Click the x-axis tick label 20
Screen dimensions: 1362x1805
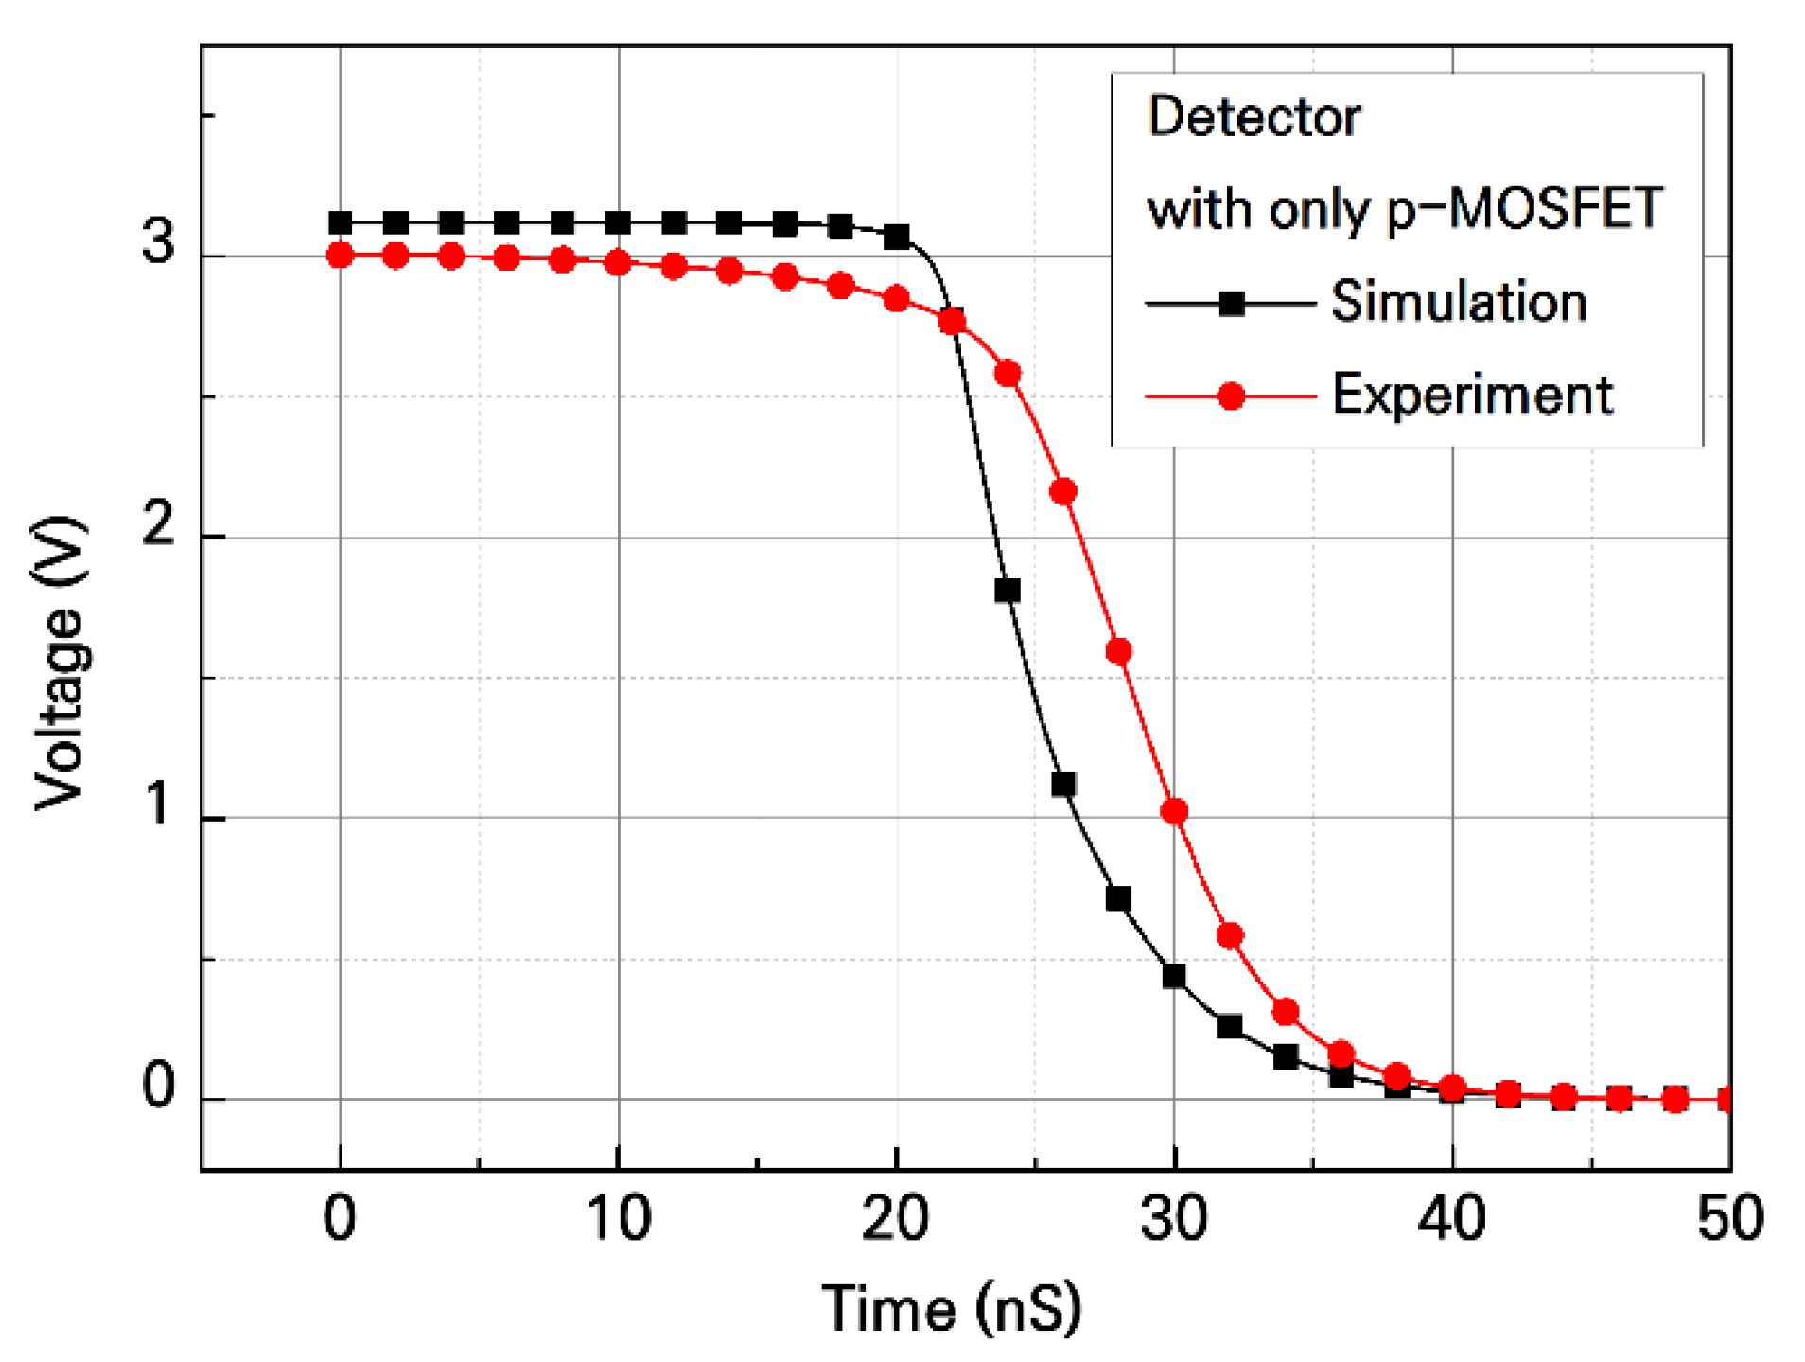tap(895, 1218)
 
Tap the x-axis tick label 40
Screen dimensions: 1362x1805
tap(1451, 1218)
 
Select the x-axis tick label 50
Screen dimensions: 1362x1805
tap(1729, 1218)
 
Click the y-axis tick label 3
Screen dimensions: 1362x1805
tap(158, 240)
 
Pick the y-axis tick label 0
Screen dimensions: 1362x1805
tap(158, 1085)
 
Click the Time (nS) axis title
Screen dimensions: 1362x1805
tap(951, 1309)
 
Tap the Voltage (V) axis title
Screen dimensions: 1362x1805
tap(59, 663)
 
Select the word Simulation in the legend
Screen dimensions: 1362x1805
tap(1458, 302)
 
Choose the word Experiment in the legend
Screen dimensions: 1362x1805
tap(1472, 395)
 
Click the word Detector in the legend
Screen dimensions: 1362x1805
tap(1253, 117)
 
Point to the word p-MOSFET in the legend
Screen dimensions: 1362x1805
tap(1523, 209)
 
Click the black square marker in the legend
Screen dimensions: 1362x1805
tap(1231, 304)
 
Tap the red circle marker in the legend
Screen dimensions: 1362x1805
tap(1231, 396)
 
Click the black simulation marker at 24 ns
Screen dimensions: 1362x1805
tap(1008, 591)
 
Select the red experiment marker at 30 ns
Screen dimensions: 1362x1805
tap(1174, 811)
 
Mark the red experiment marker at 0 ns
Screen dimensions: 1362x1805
tap(340, 255)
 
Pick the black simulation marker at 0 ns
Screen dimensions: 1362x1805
tap(340, 223)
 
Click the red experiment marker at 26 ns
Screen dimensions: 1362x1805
tap(1063, 491)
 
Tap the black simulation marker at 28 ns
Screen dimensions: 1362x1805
tap(1118, 898)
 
